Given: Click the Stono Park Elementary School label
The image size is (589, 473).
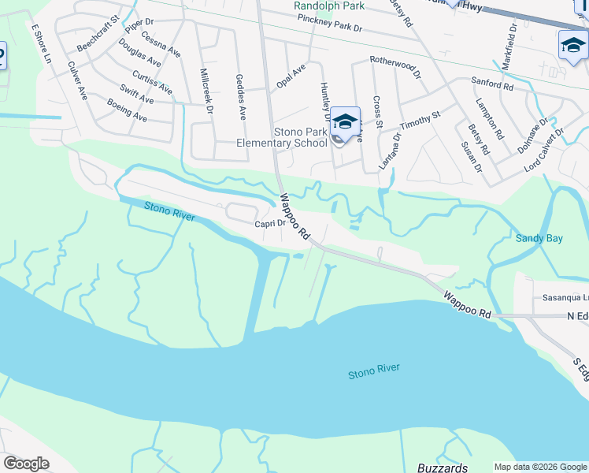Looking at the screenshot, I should pos(282,138).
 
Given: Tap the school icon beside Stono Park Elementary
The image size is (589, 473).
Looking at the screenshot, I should pos(345,122).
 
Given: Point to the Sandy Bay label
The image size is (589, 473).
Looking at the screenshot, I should pos(539,238).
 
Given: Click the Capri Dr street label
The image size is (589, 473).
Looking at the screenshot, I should pos(269,224).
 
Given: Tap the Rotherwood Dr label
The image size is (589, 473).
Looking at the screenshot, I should pos(395,60).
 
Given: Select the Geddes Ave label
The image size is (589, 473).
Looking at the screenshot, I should pos(241,92).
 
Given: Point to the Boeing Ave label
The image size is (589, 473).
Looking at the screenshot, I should pos(128,110).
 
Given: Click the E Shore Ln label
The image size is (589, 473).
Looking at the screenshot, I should pos(40,45).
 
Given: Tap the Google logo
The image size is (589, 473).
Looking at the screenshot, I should pos(26,464).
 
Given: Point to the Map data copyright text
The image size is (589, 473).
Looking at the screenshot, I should pos(540,467).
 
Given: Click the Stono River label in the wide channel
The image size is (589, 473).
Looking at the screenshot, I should pos(374,371).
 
